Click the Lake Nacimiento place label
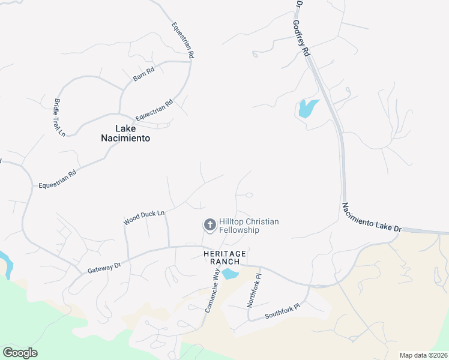pos(125,133)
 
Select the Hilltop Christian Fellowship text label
pos(248,226)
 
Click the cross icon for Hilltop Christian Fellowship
pos(209,226)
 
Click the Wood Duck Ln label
pos(144,217)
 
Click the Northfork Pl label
pos(253,291)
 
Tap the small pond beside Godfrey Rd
pos(307,109)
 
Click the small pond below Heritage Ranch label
pos(230,274)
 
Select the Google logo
pos(20,353)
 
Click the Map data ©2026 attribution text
pos(423,355)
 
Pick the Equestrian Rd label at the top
pos(182,40)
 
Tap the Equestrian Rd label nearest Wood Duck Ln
pos(58,179)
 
